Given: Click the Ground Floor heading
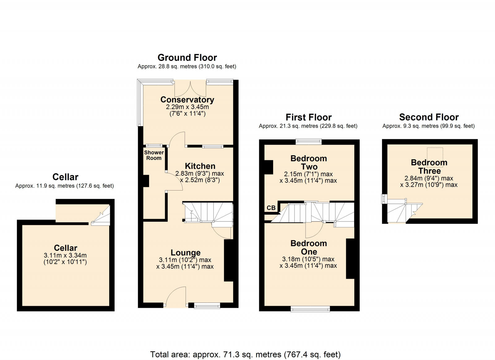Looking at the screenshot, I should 187,58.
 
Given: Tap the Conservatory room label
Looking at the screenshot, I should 187,100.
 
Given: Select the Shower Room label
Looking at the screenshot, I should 154,155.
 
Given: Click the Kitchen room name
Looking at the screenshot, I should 200,166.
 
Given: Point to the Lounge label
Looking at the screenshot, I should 186,253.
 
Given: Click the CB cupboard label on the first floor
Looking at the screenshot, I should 271,208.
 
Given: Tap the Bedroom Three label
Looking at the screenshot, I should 429,167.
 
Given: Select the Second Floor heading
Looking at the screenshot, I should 429,117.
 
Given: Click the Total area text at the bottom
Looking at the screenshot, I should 245,354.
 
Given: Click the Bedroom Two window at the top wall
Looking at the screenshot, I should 308,142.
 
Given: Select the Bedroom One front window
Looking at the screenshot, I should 310,308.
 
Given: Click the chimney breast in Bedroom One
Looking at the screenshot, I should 350,259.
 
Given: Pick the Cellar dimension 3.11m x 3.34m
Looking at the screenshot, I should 65,255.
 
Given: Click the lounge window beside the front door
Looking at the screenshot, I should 207,306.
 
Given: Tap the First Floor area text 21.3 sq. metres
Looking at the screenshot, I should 308,126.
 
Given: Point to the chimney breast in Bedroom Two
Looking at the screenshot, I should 269,167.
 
